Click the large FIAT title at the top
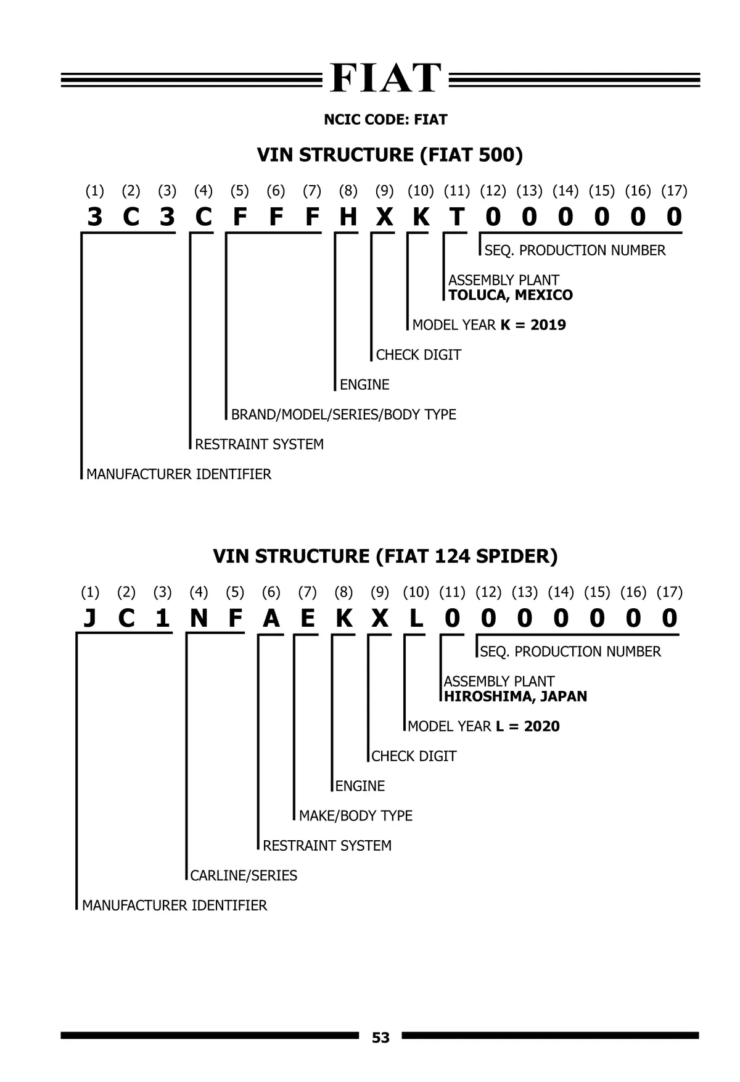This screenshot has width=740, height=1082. tap(386, 78)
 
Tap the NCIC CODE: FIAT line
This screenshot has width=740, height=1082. tap(385, 120)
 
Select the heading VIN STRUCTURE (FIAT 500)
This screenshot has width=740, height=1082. tap(390, 155)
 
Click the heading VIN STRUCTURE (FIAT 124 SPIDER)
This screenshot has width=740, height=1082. tap(385, 556)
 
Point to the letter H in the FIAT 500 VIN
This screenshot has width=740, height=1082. tap(348, 217)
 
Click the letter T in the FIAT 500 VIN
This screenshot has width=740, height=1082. tap(457, 217)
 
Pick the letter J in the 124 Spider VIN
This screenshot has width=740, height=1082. tap(90, 618)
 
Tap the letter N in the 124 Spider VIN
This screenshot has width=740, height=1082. tap(199, 618)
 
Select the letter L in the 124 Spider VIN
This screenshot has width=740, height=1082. tap(416, 618)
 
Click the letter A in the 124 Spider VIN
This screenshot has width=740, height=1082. tap(271, 618)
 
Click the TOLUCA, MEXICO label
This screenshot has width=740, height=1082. tap(511, 295)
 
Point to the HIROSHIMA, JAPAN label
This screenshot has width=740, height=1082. tap(516, 696)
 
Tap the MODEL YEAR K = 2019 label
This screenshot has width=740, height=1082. tap(489, 325)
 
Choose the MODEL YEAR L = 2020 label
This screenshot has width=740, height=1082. tap(484, 726)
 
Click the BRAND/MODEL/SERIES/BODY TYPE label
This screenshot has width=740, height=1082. tap(343, 415)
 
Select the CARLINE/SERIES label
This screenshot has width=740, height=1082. tap(244, 875)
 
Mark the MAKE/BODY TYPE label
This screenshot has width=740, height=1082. tap(356, 816)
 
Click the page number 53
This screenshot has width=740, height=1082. tap(380, 1038)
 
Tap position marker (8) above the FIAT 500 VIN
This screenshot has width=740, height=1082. tap(348, 191)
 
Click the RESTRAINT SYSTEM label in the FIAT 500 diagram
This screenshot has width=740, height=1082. tap(259, 444)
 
